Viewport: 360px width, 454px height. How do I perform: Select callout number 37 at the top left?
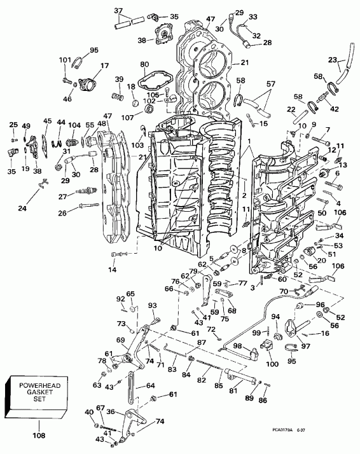coord(119,10)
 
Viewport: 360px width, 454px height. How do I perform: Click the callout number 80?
coord(144,64)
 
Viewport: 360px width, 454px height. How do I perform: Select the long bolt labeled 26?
coord(89,205)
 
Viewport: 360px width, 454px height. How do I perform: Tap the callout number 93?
coord(152,305)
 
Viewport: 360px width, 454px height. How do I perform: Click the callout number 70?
coord(284,291)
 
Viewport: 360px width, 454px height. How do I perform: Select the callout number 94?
coord(275,316)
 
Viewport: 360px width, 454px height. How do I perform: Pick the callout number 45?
coord(47,121)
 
